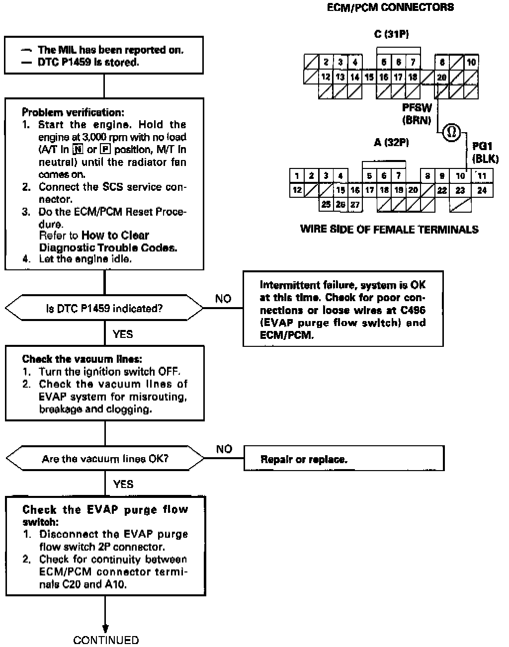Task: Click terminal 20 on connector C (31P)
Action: (x=442, y=77)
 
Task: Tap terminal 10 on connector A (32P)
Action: (x=460, y=176)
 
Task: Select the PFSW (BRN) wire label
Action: (x=417, y=114)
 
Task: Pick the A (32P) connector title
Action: (x=391, y=143)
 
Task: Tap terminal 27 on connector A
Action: (x=355, y=204)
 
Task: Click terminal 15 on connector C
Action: (x=369, y=77)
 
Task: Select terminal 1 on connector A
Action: (x=297, y=176)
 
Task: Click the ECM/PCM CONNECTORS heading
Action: (x=390, y=7)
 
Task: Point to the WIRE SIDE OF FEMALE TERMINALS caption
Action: (x=389, y=229)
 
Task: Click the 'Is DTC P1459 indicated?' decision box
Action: (x=104, y=309)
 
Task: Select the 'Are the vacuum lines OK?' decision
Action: (x=105, y=459)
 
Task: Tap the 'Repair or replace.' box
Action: (x=343, y=459)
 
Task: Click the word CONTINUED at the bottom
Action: (x=106, y=640)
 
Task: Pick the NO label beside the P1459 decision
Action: (x=223, y=299)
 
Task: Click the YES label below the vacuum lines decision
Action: (x=123, y=484)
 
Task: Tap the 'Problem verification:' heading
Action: (x=73, y=112)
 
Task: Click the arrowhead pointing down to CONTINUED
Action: (x=105, y=628)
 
